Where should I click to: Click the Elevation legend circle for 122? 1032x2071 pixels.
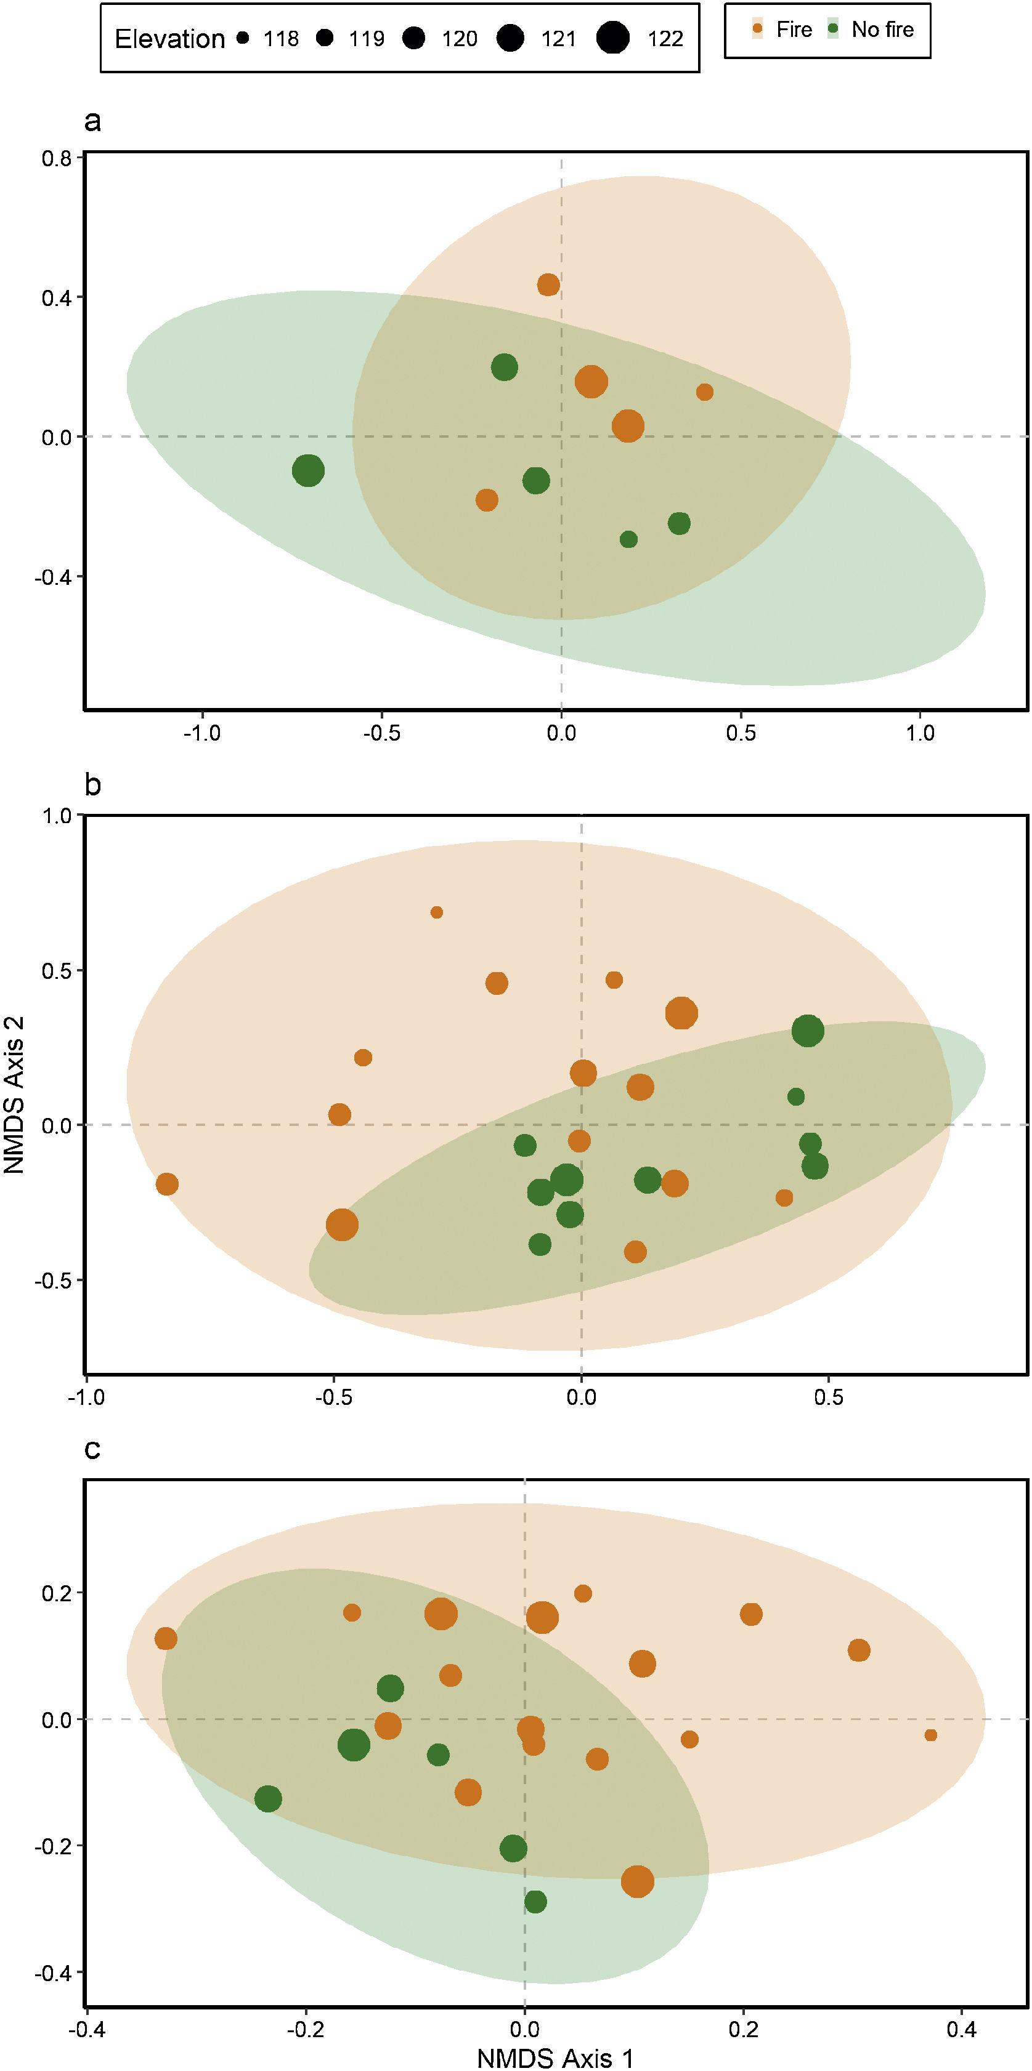coord(613,38)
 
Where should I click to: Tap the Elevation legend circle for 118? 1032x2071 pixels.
coord(243,38)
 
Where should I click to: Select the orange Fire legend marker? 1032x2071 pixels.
coord(757,30)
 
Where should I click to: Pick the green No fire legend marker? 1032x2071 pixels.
coord(834,30)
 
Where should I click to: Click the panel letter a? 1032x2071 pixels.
coord(92,121)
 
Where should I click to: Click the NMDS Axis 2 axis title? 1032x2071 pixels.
coord(14,1094)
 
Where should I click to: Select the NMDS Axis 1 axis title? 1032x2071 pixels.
coord(555,2058)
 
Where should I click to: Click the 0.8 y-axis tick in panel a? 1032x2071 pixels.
coord(56,158)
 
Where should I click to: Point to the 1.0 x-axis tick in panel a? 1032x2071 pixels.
coord(920,733)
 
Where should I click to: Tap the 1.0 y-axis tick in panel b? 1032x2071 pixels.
coord(56,815)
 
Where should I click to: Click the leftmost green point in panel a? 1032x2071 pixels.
coord(308,470)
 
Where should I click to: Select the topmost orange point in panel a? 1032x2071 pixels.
coord(548,284)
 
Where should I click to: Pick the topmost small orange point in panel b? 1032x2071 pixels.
coord(437,912)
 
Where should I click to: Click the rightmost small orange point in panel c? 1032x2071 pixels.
coord(931,1735)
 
